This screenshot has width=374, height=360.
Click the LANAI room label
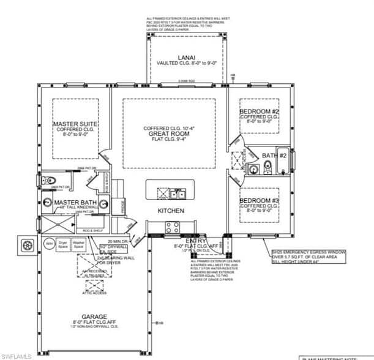(x=186, y=58)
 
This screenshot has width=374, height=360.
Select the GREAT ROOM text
(x=170, y=133)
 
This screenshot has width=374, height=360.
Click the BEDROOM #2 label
(x=259, y=111)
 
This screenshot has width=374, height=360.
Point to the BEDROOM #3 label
(x=259, y=201)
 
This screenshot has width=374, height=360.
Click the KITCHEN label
(x=171, y=210)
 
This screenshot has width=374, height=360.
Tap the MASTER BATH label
(x=75, y=203)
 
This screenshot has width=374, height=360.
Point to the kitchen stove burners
(x=173, y=227)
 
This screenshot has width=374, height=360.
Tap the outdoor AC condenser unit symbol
(x=27, y=245)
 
